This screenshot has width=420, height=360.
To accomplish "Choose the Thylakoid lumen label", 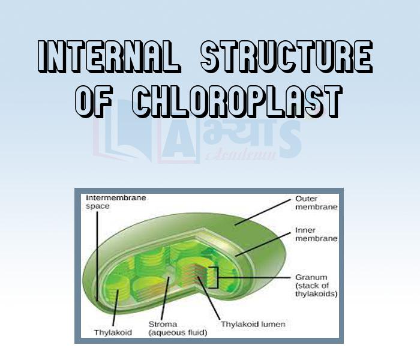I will point(253,325).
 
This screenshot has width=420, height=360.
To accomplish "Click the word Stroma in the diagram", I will point(162,325).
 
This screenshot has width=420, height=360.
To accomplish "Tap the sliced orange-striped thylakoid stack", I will point(198,270).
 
